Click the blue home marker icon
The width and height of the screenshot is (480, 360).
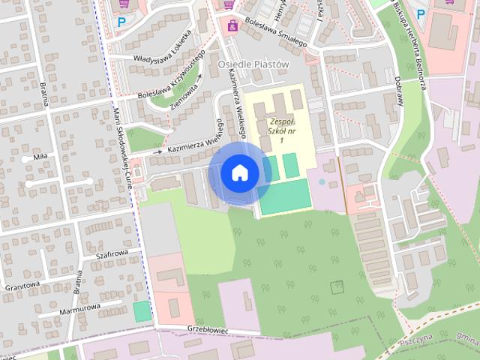click(x=240, y=173)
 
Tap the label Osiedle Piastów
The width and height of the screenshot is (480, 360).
click(x=253, y=64)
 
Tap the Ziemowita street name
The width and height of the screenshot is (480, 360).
click(x=184, y=96)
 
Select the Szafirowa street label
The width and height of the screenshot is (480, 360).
click(x=114, y=254)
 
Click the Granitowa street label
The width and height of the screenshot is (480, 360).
click(x=21, y=285)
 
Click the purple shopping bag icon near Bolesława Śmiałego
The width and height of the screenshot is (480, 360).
click(x=232, y=25)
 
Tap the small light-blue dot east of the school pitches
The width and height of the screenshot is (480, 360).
click(x=322, y=181)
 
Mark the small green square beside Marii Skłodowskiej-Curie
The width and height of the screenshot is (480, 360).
click(x=142, y=311)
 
